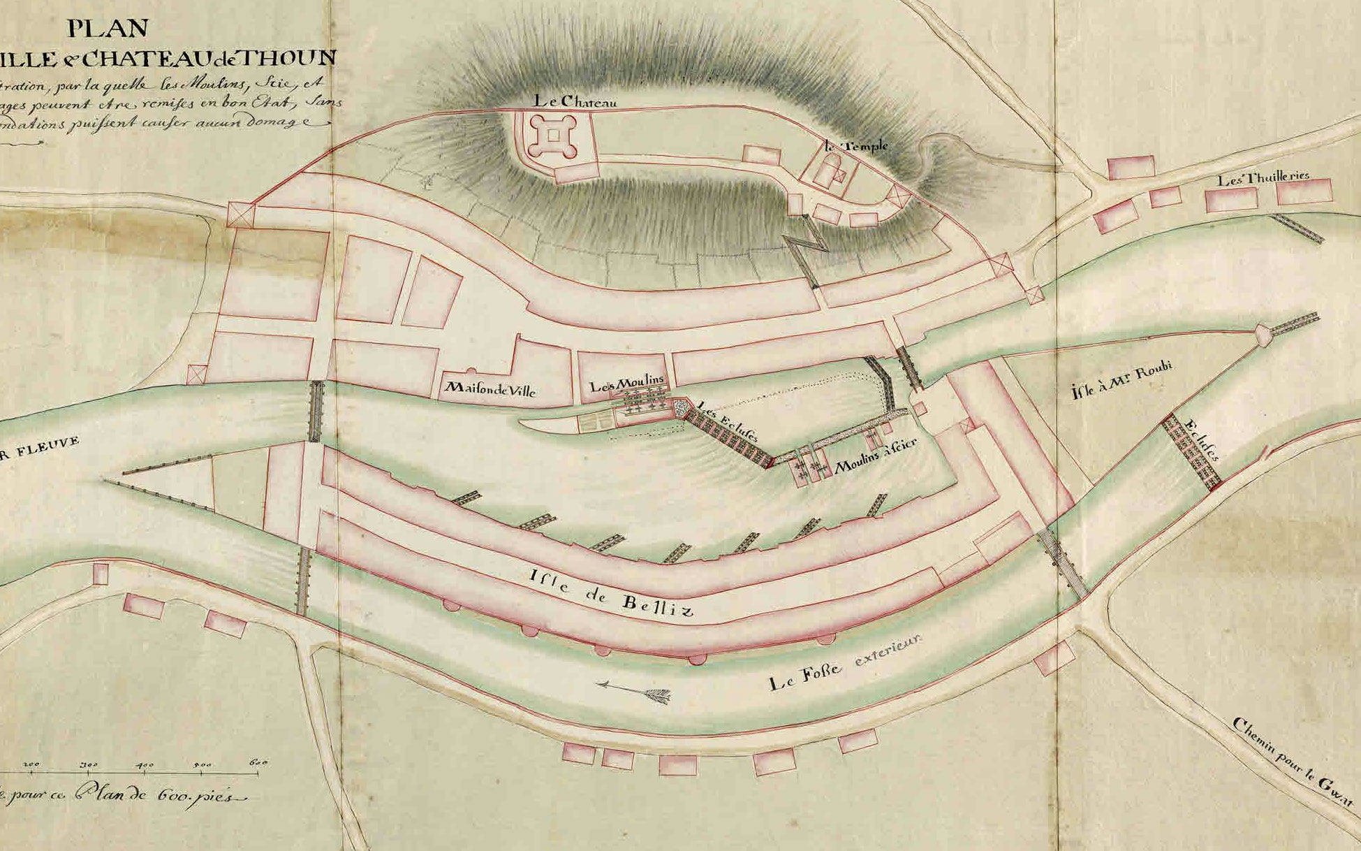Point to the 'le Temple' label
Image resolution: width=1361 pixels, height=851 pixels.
855,146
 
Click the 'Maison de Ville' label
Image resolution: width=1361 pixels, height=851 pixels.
490,388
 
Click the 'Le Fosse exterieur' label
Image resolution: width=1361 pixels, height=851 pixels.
845,662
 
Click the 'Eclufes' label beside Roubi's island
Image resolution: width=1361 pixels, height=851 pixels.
1202,440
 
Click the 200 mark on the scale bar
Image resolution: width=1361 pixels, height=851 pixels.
31,764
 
